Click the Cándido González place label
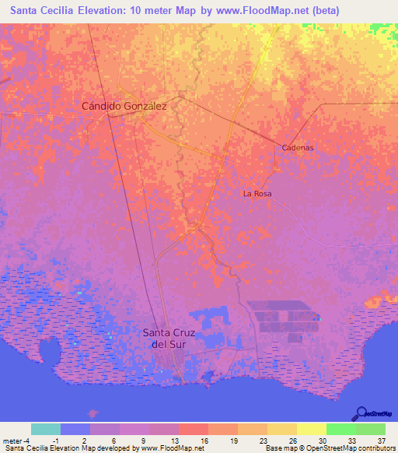click(124, 105)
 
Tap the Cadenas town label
click(297, 147)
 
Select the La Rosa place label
click(257, 193)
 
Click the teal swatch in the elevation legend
click(45, 429)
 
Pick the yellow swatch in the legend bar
click(311, 429)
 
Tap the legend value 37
click(381, 440)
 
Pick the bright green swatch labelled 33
click(340, 429)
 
